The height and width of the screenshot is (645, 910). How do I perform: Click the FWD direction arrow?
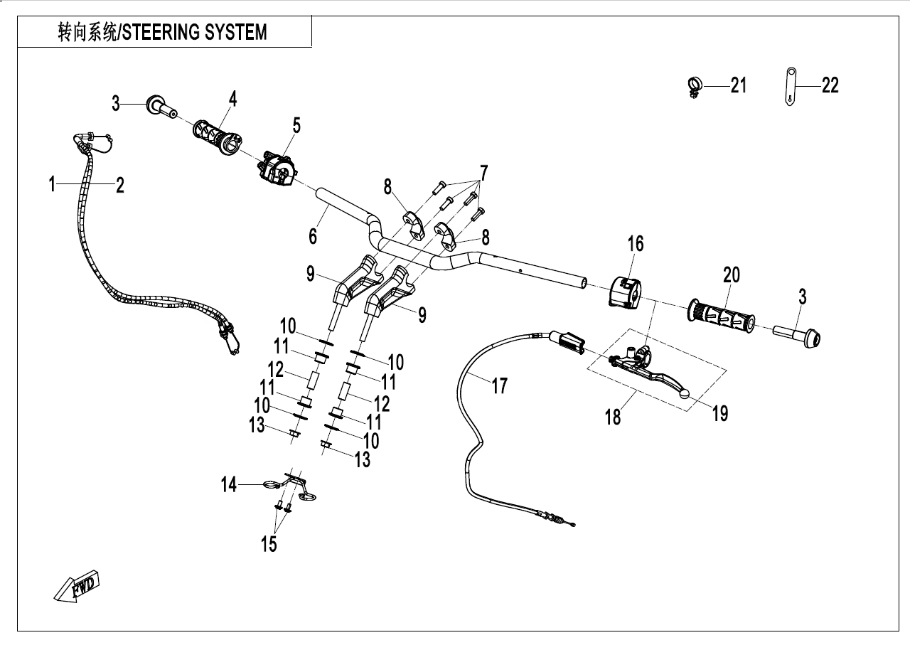pyautogui.click(x=77, y=585)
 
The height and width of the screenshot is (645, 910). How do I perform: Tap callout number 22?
pyautogui.click(x=830, y=85)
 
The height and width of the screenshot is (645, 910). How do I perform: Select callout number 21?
pyautogui.click(x=739, y=85)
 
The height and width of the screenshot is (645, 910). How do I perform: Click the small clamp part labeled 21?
pyautogui.click(x=693, y=85)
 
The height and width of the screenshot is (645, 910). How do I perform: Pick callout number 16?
pyautogui.click(x=635, y=244)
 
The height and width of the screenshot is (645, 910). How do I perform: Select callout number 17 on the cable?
pyautogui.click(x=500, y=385)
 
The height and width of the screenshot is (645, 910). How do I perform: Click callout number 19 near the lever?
pyautogui.click(x=720, y=412)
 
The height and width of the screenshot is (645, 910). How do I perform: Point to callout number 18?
pyautogui.click(x=612, y=416)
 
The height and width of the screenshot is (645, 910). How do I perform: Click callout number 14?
pyautogui.click(x=228, y=485)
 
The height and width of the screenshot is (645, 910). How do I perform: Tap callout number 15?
pyautogui.click(x=269, y=544)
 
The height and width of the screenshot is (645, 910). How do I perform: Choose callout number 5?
pyautogui.click(x=296, y=126)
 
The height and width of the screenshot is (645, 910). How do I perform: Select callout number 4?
pyautogui.click(x=231, y=99)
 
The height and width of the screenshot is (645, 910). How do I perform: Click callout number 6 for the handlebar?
pyautogui.click(x=313, y=235)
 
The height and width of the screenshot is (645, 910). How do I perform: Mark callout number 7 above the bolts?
pyautogui.click(x=483, y=172)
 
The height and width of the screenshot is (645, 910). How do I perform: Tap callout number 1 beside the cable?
pyautogui.click(x=52, y=185)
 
